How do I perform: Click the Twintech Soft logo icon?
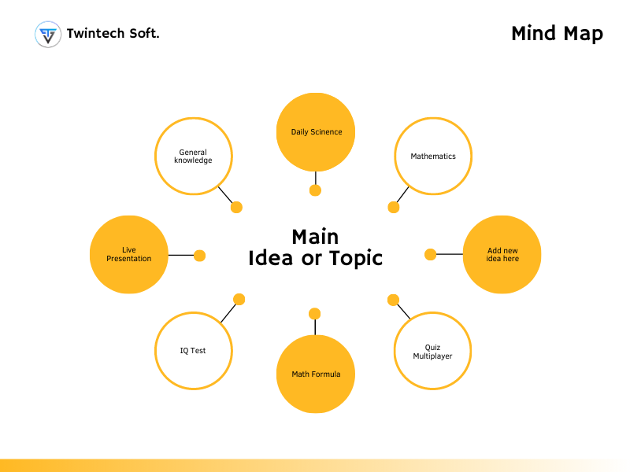pos(48,35)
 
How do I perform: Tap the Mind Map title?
pos(557,34)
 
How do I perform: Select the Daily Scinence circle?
pos(316,132)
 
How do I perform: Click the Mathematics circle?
pos(433,157)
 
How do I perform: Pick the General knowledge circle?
pos(195,157)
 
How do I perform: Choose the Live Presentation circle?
pos(129,254)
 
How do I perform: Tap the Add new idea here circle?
pos(502,254)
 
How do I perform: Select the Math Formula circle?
pos(316,374)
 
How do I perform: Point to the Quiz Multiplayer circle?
pos(433,351)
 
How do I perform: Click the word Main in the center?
pos(315,237)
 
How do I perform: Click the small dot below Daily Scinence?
pos(316,190)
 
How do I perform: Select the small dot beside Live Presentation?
pos(199,255)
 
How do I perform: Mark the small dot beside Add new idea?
pos(430,254)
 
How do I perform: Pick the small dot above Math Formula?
pos(315,314)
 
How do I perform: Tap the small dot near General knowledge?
pos(236,208)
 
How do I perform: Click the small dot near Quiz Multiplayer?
pos(393,300)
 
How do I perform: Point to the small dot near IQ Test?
pos(239,299)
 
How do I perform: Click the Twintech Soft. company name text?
pos(113,34)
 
